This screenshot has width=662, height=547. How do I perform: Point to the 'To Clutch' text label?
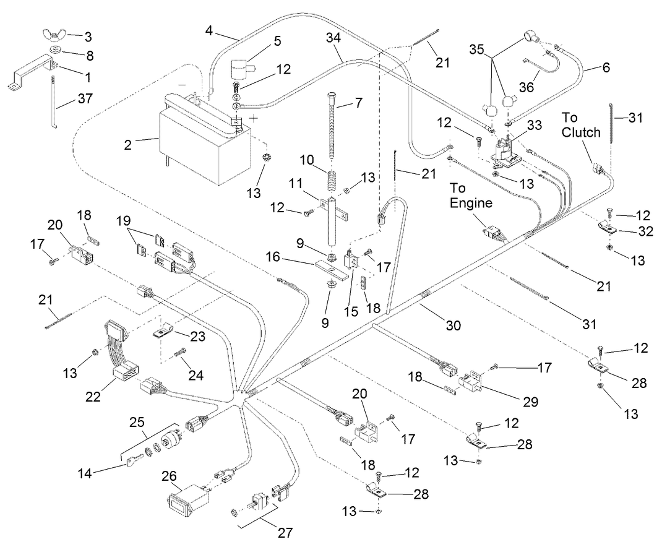tap(580, 125)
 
